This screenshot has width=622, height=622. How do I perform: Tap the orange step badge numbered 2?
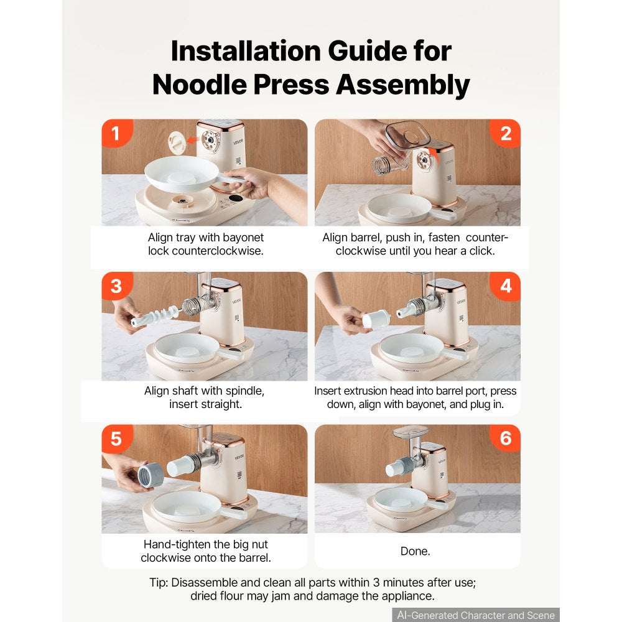coord(505,133)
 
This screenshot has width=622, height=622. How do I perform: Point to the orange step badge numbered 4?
coord(505,286)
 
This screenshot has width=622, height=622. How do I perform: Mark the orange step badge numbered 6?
coord(505,439)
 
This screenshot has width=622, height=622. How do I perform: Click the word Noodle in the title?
coord(200,85)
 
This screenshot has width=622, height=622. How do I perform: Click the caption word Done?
coord(415,551)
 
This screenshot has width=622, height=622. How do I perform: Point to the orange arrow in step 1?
coord(193,139)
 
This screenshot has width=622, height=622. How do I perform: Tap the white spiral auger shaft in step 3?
coord(156,315)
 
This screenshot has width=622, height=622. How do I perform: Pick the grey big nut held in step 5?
coord(151,475)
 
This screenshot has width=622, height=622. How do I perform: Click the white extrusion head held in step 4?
coord(376,318)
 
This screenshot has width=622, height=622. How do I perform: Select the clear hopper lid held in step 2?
coord(408,133)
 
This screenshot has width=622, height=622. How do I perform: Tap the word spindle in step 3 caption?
coord(244,391)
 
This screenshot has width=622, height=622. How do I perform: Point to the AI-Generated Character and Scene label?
coord(476,615)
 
